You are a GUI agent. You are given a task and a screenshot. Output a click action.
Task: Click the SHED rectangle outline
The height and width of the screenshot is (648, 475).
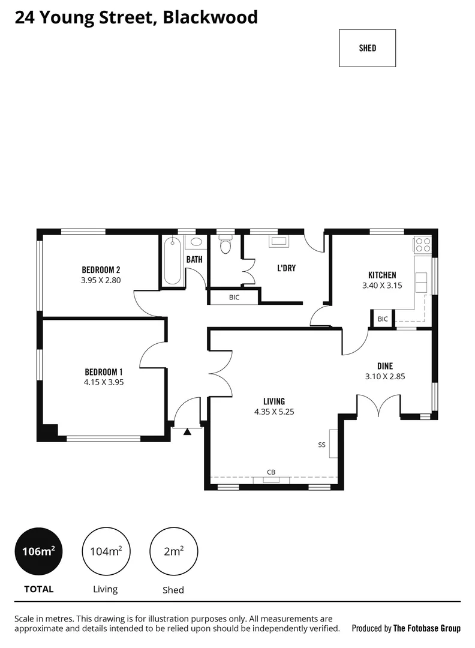pyautogui.click(x=367, y=48)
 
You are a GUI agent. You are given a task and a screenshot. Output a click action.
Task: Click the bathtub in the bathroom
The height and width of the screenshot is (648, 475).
pyautogui.click(x=172, y=260)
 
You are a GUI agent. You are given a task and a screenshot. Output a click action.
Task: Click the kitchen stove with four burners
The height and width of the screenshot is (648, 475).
pyautogui.click(x=422, y=244)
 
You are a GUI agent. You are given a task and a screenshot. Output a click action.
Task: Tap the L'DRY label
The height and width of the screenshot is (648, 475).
pyautogui.click(x=286, y=268)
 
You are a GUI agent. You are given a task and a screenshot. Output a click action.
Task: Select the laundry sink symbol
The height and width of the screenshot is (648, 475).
pyautogui.click(x=279, y=241)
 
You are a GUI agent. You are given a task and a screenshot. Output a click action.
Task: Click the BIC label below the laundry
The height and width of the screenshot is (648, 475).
pyautogui.click(x=234, y=297)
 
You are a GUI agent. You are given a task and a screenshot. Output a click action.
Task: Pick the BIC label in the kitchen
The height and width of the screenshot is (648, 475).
pyautogui.click(x=382, y=319)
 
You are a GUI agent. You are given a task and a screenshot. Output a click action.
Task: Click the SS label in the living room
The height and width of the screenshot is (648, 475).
pyautogui.click(x=321, y=445)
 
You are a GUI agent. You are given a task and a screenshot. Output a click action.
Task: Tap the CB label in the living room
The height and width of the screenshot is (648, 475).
pyautogui.click(x=271, y=472)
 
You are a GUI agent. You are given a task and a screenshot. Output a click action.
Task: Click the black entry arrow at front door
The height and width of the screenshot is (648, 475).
pyautogui.click(x=187, y=431)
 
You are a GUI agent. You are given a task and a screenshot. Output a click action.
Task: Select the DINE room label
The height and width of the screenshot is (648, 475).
pyautogui.click(x=384, y=365)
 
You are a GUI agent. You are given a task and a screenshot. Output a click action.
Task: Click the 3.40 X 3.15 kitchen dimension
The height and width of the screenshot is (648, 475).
pyautogui.click(x=378, y=286)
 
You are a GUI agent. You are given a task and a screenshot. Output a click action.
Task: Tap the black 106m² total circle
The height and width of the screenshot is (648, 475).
pyautogui.click(x=39, y=551)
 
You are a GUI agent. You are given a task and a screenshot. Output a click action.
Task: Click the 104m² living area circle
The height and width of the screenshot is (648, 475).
pyautogui.click(x=106, y=551)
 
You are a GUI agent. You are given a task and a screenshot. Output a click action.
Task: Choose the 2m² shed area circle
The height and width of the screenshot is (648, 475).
pyautogui.click(x=173, y=551)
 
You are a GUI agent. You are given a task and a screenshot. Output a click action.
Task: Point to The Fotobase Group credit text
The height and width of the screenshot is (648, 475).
pyautogui.click(x=426, y=628)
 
